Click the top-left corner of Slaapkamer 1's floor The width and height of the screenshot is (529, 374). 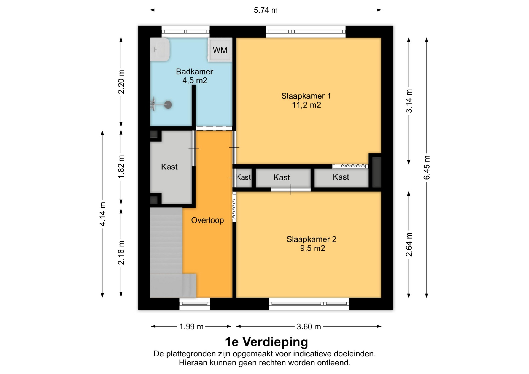click(236, 38)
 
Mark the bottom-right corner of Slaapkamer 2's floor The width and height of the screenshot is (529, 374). click(381, 298)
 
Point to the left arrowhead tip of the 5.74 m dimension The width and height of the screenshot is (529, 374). click(150, 10)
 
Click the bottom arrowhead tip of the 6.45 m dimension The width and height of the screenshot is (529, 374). click(427, 298)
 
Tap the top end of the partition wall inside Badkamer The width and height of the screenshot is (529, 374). click(194, 85)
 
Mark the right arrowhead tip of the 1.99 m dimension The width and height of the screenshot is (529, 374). click(231, 326)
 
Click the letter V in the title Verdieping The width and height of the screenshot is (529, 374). click(247, 342)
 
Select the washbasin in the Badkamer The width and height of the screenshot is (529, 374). click(160, 50)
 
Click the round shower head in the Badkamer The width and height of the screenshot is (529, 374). click(168, 105)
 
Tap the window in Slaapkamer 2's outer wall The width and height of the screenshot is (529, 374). click(309, 304)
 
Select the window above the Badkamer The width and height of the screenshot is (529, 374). click(185, 32)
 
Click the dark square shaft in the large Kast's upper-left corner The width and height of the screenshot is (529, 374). click(154, 134)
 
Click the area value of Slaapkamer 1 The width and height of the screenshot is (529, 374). click(306, 105)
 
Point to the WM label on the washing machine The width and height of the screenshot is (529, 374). click(220, 50)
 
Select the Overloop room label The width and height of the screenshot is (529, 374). click(207, 220)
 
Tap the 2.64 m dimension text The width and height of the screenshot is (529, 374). click(409, 244)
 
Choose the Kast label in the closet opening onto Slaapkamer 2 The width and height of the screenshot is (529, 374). click(282, 177)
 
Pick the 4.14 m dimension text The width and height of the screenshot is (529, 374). click(102, 214)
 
